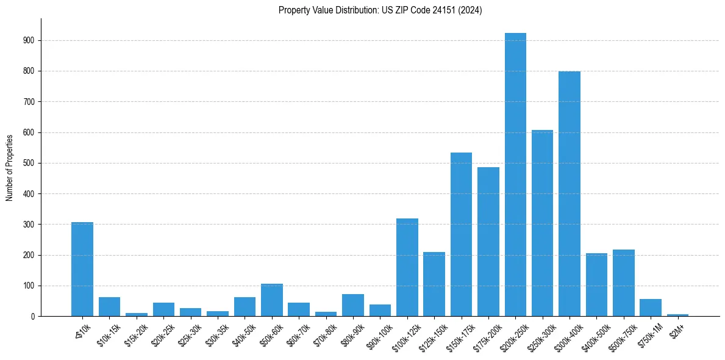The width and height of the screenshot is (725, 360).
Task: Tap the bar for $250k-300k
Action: [x=542, y=223]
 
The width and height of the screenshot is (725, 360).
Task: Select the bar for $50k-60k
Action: [x=271, y=300]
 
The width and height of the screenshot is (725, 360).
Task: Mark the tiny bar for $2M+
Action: [x=677, y=315]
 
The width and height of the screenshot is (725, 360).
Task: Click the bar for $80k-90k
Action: [x=352, y=305]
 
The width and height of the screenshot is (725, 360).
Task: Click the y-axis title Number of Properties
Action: [x=10, y=167]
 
